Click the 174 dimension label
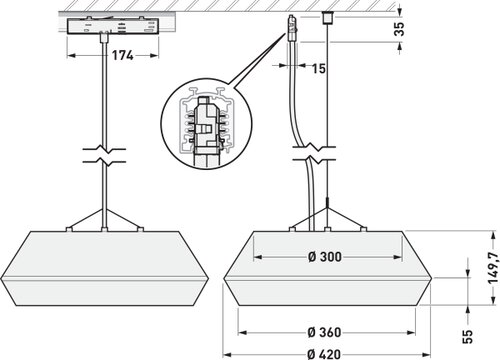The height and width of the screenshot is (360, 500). pos(122,55)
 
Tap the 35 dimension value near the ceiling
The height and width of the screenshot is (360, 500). pos(399,29)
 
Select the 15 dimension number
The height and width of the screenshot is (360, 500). pos(319,68)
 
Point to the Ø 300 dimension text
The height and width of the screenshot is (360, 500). pos(325,257)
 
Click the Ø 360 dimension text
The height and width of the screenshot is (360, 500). pos(324,332)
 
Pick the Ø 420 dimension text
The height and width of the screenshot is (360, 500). pos(324,354)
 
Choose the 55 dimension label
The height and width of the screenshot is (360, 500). pos(468,336)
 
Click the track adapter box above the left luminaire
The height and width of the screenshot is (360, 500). pos(113,26)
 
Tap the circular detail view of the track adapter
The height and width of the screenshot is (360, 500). pos(206,124)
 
